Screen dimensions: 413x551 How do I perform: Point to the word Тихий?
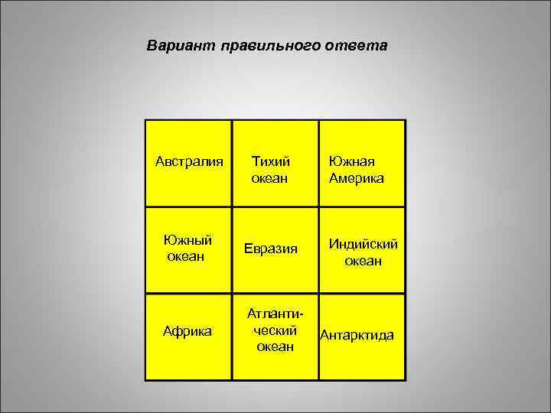pyautogui.click(x=271, y=162)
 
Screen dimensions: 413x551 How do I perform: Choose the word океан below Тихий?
pyautogui.click(x=270, y=178)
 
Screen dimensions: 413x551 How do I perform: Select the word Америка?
pyautogui.click(x=357, y=178)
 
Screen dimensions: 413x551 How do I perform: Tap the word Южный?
pyautogui.click(x=187, y=240)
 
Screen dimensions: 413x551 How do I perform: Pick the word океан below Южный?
pyautogui.click(x=186, y=256)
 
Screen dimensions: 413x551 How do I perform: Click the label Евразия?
pyautogui.click(x=274, y=248)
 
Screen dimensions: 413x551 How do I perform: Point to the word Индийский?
pyautogui.click(x=364, y=245)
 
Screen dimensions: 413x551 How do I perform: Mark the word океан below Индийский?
pyautogui.click(x=364, y=262)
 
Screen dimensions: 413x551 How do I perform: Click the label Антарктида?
pyautogui.click(x=357, y=335)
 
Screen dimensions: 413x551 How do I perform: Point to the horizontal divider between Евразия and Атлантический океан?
pyautogui.click(x=275, y=294)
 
